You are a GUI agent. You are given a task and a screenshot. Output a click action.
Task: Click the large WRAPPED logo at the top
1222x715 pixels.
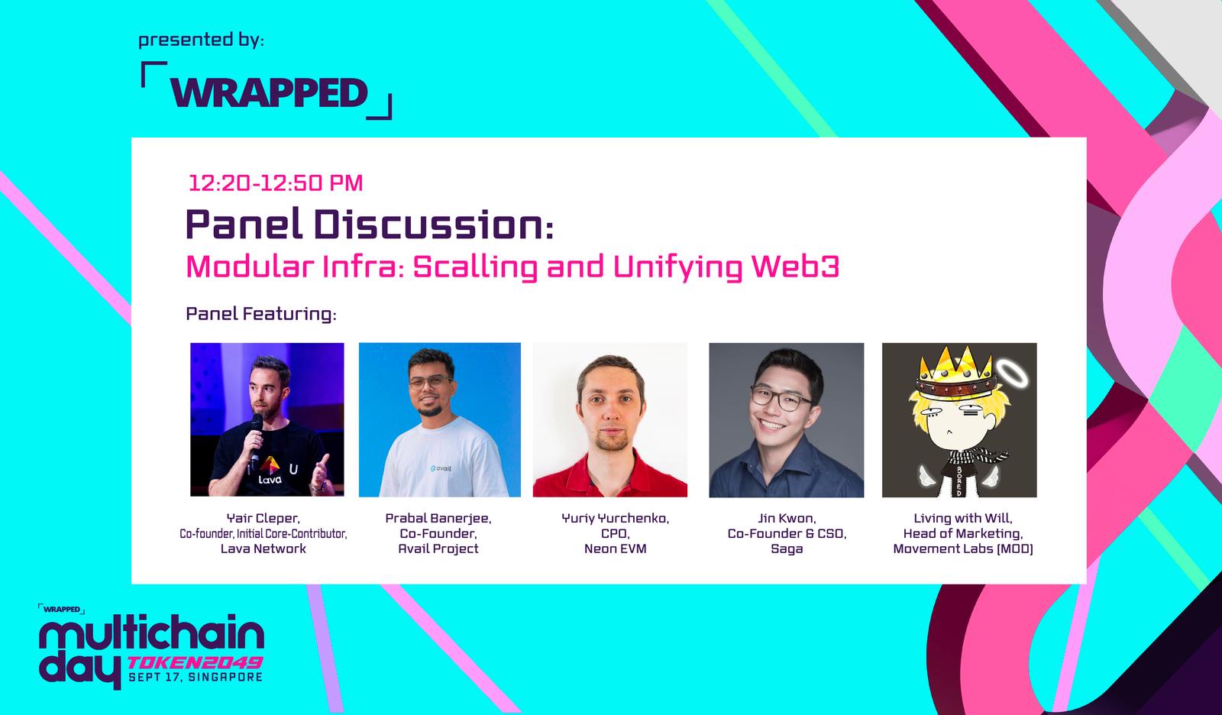[x=267, y=92]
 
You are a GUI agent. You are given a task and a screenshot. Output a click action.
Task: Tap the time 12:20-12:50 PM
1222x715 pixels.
[x=276, y=183]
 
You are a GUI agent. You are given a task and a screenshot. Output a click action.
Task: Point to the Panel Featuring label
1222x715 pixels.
[x=260, y=314]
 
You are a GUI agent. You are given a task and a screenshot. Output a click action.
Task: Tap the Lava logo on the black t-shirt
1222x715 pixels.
[x=270, y=470]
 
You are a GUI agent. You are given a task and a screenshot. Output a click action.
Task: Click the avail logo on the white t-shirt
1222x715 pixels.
[x=441, y=467]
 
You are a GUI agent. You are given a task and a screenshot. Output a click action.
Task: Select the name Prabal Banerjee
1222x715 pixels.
[x=438, y=518]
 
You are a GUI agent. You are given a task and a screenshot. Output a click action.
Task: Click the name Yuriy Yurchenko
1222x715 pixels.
[x=615, y=518]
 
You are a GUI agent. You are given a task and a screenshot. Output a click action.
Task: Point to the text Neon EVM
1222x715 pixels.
[x=615, y=548]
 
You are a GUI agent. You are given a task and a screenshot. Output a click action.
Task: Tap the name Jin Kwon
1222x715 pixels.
[x=786, y=518]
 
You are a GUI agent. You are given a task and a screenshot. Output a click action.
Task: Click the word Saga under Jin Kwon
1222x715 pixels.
[x=786, y=549]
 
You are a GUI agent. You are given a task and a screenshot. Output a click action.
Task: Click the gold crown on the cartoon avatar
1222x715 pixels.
[x=955, y=372]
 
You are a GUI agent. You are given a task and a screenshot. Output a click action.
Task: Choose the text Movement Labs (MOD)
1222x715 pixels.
[x=963, y=548]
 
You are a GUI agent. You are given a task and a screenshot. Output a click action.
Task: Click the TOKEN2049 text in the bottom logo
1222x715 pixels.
[x=195, y=662]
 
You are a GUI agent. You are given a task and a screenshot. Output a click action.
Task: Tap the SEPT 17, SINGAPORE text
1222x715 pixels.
[x=196, y=677]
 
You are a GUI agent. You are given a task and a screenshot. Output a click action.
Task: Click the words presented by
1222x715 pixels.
[x=201, y=40]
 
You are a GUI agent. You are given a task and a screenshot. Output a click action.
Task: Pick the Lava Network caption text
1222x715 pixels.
[x=263, y=548]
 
